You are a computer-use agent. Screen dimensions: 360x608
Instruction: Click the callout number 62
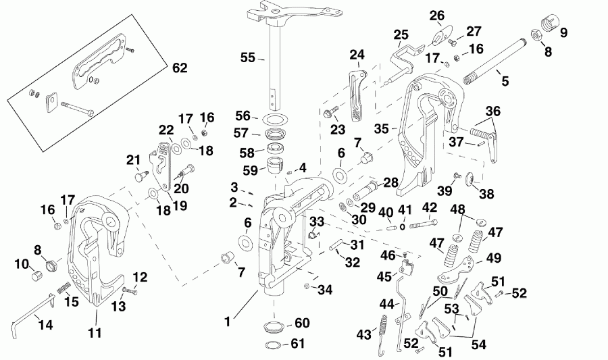tap(180, 68)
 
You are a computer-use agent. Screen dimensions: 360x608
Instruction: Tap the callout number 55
tap(248, 58)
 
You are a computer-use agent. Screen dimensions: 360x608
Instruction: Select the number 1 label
tap(228, 322)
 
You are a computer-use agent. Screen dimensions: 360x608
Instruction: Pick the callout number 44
tap(386, 305)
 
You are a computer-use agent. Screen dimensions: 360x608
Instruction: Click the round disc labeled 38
tap(471, 179)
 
